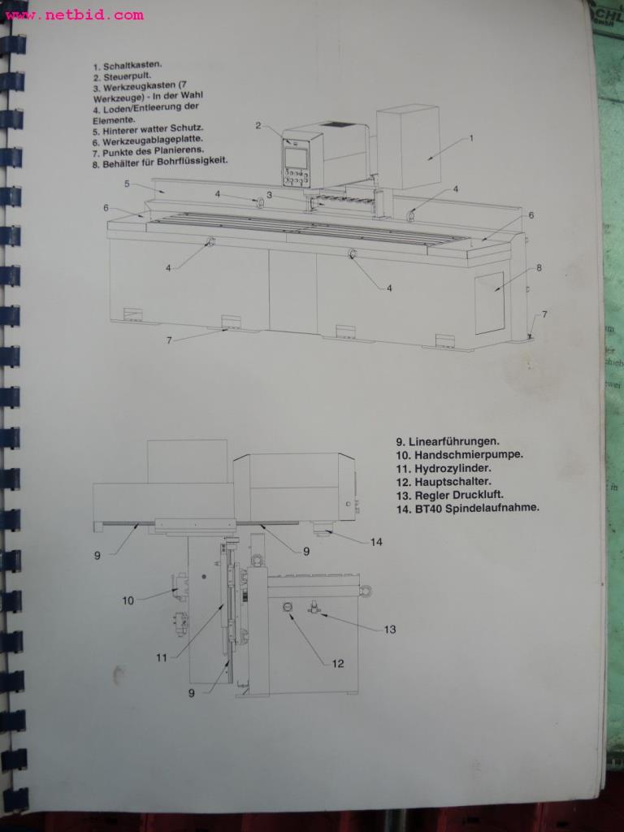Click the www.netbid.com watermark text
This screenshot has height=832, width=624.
(x=73, y=14)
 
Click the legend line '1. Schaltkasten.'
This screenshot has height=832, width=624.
(x=128, y=67)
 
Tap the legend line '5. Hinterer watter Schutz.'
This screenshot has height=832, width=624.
(x=148, y=129)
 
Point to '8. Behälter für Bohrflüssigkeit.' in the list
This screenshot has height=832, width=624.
(x=160, y=161)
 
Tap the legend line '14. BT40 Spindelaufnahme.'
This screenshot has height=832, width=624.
(x=468, y=509)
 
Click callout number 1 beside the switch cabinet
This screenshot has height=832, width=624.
(x=470, y=138)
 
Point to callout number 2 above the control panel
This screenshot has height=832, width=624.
(x=258, y=125)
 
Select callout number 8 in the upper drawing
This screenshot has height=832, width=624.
(x=539, y=266)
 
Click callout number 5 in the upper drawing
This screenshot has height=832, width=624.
(x=128, y=184)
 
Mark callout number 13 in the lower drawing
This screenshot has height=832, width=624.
(x=389, y=629)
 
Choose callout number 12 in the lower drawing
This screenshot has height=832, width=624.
(x=337, y=663)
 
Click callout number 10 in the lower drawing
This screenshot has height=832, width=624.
(x=128, y=600)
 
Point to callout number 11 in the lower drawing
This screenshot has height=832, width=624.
(x=161, y=656)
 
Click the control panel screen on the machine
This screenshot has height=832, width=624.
(x=296, y=158)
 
